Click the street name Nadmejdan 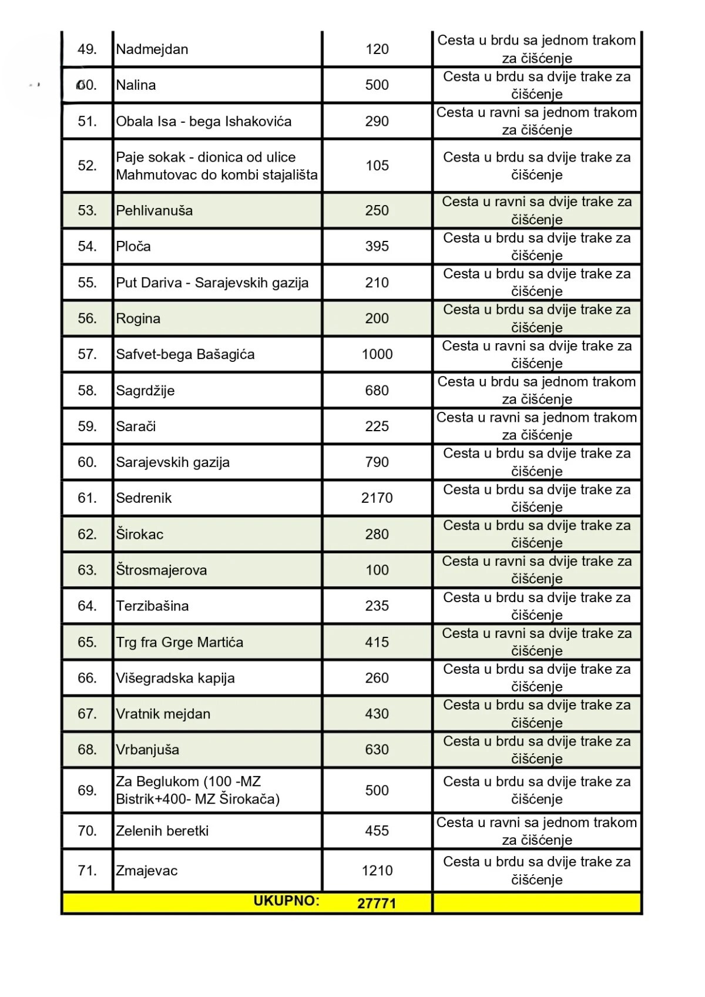coord(152,49)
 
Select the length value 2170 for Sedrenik coord(377,498)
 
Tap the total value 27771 coord(377,903)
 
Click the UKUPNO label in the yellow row coord(286,901)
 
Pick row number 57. coord(87,354)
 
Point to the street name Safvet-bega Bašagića coord(185,354)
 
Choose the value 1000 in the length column coord(377,354)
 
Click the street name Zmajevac coord(147,871)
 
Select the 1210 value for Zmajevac coord(377,871)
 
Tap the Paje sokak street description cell coord(216,166)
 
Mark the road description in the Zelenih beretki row coord(536,831)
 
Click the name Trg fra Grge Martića coord(179,642)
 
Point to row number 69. coord(87,790)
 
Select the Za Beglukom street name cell coord(197,790)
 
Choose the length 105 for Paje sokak coord(377,166)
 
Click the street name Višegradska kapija coord(175,678)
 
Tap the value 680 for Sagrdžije coord(377,391)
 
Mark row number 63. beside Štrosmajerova coord(87,570)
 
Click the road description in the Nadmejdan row coord(536,49)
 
